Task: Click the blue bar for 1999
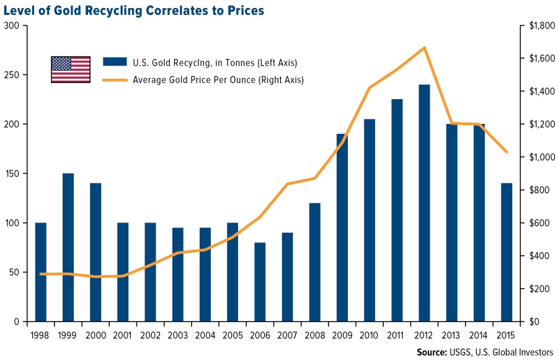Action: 68,248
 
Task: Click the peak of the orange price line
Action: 424,48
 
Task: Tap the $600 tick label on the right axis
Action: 536,223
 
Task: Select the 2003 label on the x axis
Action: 178,336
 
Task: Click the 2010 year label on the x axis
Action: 370,336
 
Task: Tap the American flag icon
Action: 71,69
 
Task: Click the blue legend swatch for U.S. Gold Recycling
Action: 113,62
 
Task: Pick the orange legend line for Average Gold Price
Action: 113,80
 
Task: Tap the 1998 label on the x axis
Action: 41,336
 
